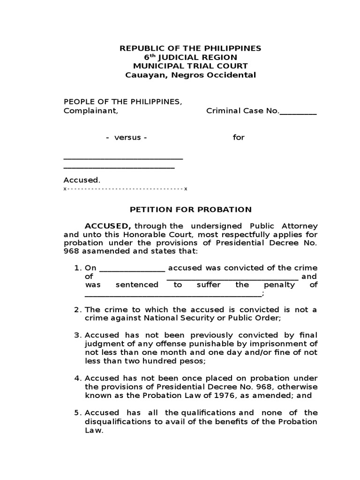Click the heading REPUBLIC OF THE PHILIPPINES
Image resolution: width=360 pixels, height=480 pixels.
click(190, 48)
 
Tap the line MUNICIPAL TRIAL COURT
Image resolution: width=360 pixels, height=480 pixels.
click(190, 66)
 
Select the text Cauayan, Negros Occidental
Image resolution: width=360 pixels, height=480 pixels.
click(190, 75)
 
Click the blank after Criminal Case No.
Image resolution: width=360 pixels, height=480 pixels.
click(298, 112)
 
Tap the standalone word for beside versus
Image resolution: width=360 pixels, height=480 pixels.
click(239, 138)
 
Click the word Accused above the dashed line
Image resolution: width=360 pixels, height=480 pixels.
click(81, 180)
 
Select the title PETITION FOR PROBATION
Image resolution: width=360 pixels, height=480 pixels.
click(190, 210)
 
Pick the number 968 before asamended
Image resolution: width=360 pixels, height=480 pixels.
click(71, 251)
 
